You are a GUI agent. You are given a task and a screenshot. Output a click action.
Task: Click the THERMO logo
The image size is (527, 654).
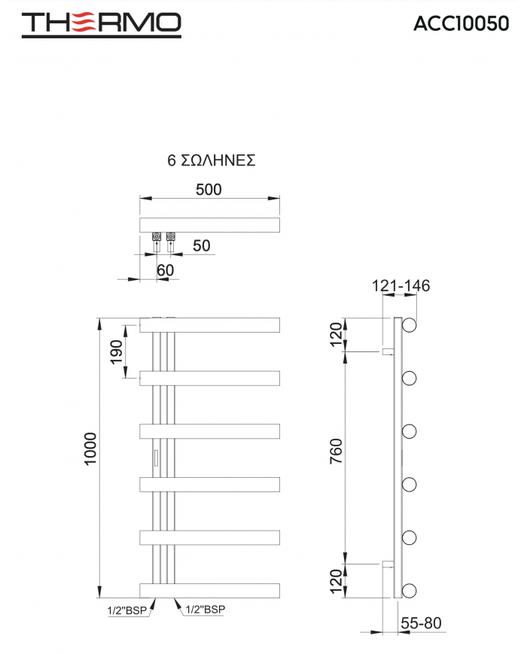(x=101, y=24)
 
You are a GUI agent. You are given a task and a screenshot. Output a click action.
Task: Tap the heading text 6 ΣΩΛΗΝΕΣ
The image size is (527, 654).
(x=212, y=161)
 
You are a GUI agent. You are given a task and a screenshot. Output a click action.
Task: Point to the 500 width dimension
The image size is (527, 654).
(x=209, y=190)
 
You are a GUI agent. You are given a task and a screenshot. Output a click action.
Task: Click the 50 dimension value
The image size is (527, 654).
(x=202, y=245)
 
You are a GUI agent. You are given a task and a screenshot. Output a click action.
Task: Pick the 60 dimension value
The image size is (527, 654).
(x=165, y=269)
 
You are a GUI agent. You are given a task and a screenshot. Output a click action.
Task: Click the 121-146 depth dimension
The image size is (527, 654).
(x=401, y=286)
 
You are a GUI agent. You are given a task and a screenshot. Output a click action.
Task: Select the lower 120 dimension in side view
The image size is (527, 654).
(x=337, y=579)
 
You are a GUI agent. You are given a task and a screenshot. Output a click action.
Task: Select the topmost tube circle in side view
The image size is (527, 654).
(x=410, y=325)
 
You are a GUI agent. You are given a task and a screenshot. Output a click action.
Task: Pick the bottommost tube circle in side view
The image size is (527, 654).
(x=410, y=589)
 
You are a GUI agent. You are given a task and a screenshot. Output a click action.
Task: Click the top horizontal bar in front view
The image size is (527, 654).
(x=210, y=325)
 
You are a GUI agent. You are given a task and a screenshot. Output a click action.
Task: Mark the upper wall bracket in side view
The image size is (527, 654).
(x=387, y=351)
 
